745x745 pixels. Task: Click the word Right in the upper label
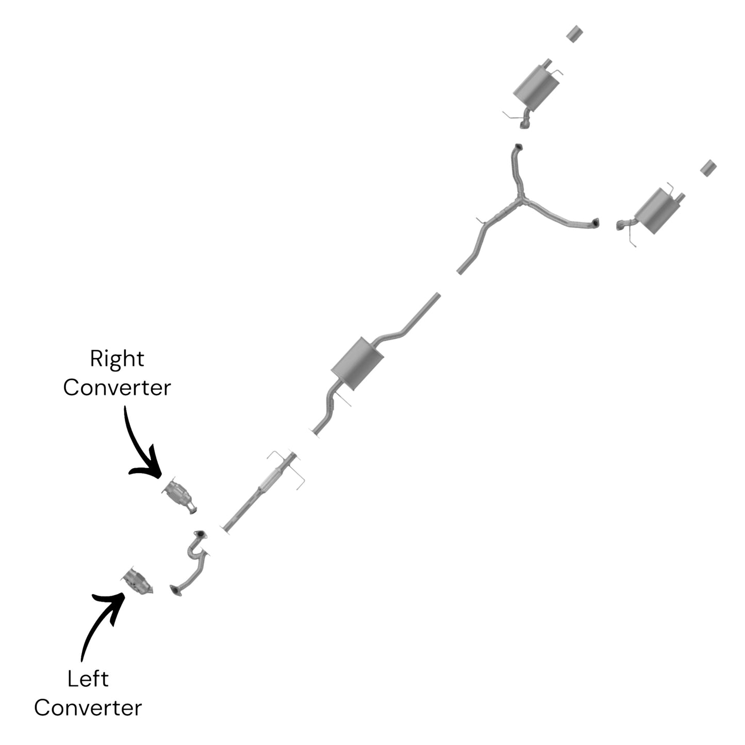coord(117,359)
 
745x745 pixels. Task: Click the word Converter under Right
coord(117,388)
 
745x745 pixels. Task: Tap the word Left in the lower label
coord(88,679)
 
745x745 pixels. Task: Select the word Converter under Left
coord(88,708)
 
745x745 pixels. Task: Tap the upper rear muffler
coord(536,88)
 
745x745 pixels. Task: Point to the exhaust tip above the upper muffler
coord(574,34)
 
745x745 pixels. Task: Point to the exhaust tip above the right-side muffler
coord(709,168)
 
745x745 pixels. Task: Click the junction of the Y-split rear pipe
coord(521,200)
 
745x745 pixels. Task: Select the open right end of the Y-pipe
coord(596,222)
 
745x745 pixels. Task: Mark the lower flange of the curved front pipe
coord(175,590)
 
